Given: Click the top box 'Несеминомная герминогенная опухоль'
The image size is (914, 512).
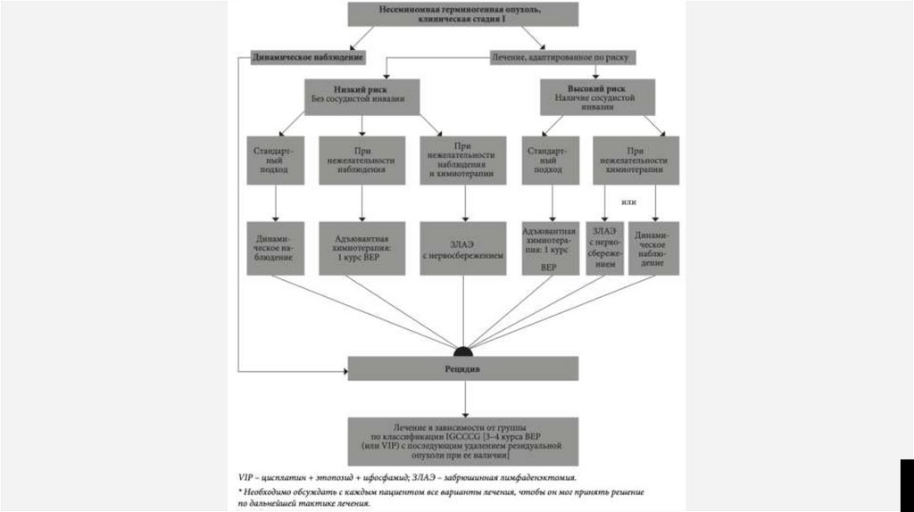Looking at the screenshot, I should pos(461,14).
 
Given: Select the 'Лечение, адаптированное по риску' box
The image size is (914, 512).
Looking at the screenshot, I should pos(562,58).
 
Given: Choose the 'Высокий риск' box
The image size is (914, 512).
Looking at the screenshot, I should pos(597,95).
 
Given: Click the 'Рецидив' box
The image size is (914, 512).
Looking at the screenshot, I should pos(462,367).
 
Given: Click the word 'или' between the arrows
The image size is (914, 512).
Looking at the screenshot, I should pos(628,202).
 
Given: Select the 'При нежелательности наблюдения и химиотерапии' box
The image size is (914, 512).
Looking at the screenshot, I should pos(462,160).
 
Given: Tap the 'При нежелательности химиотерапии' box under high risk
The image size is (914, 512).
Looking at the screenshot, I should pos(635,160).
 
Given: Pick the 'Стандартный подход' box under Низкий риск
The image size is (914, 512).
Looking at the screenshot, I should pos(274,160).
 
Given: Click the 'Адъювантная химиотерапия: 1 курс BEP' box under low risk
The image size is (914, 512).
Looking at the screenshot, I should pos(361,247).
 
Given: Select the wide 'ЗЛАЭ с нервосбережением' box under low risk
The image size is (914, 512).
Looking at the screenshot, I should pos(462,247).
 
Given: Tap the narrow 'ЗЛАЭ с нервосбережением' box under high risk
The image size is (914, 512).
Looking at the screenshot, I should pos(603,247).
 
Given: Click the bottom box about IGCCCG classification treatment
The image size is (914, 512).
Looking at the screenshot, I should pos(462,441).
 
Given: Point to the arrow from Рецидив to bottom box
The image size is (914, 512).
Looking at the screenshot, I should pos(462,399).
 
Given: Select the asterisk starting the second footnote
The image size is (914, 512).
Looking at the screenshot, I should pos(240,491).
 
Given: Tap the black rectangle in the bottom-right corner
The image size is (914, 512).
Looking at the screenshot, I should pos(905,484).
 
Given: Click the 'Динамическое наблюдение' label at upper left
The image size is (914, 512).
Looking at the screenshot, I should pos(308,58).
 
